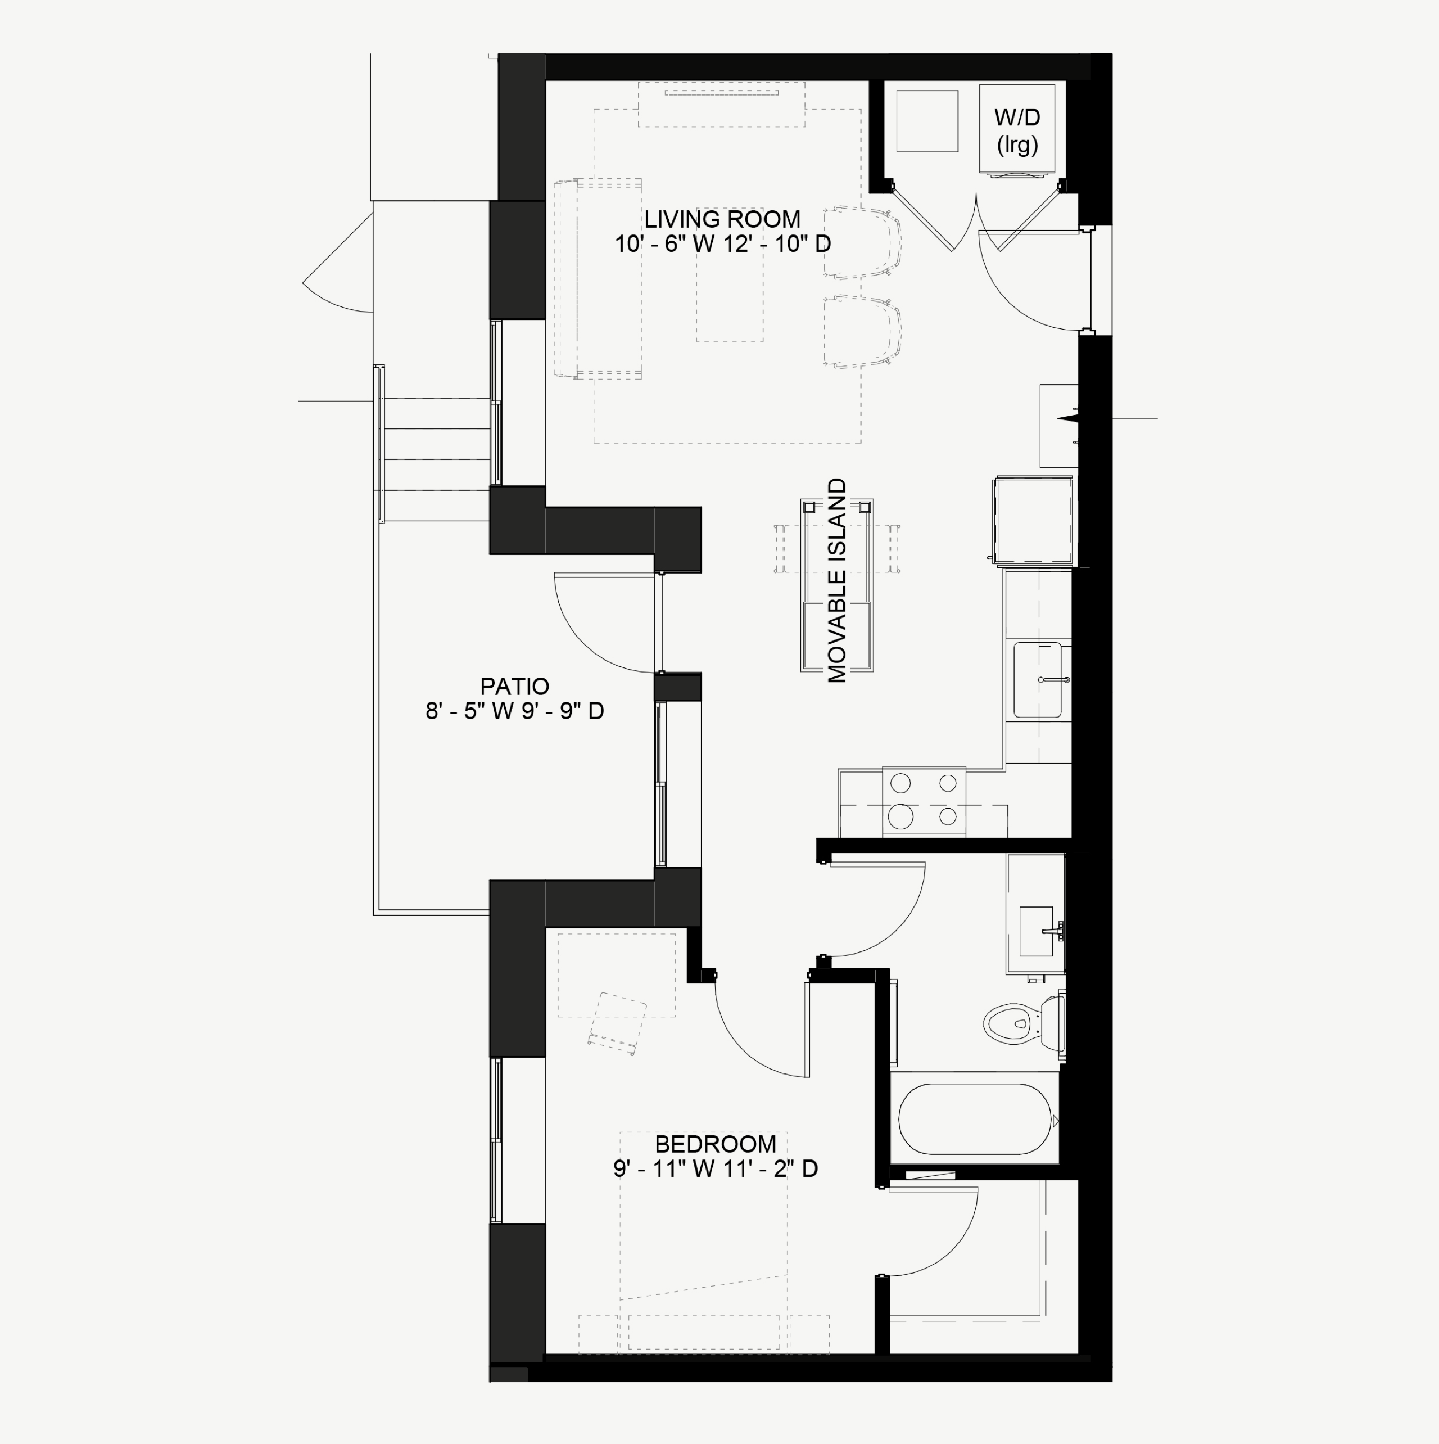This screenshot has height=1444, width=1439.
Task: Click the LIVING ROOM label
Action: click(x=722, y=219)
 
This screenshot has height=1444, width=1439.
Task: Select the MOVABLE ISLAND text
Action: click(x=838, y=580)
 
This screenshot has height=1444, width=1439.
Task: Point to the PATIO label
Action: click(x=515, y=686)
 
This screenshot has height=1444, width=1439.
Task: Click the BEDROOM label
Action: click(x=715, y=1144)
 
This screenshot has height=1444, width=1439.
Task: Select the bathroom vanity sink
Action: click(x=1037, y=931)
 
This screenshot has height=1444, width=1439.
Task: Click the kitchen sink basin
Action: click(x=1037, y=679)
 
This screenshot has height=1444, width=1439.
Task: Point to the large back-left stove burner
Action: click(x=900, y=783)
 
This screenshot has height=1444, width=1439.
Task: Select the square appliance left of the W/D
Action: click(x=926, y=121)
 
